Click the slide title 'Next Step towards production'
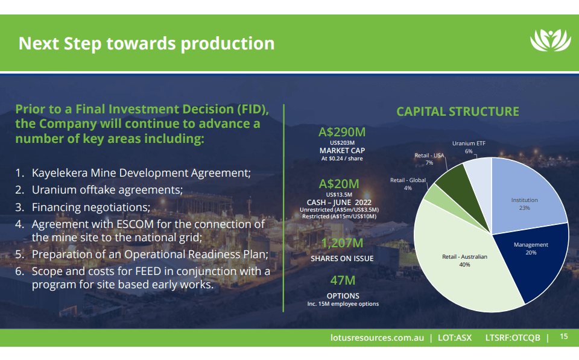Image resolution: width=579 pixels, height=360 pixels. pos(147,43)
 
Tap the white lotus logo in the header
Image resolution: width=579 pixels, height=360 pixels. pos(549,41)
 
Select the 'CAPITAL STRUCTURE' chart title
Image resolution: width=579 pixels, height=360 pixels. pos(457,112)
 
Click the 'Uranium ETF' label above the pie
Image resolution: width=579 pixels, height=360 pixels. pos(469,144)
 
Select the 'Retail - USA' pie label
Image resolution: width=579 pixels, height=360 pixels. pos(429,156)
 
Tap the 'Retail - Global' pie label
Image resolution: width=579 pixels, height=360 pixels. pos(408,180)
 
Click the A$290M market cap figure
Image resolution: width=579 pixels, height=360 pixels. pos(342,132)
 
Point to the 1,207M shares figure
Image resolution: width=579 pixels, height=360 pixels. pos(342,243)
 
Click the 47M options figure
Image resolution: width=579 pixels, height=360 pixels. pos(343,280)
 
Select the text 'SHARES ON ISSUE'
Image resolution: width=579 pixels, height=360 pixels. pos(342,259)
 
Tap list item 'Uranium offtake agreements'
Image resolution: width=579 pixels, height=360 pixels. pos(107,189)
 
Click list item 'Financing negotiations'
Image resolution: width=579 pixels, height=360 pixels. pos(91,207)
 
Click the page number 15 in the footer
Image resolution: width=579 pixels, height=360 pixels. pos(564,336)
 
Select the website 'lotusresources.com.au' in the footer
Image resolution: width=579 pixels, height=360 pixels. pos(372,338)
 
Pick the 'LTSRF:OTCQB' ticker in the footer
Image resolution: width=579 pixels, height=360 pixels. pos(513,338)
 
